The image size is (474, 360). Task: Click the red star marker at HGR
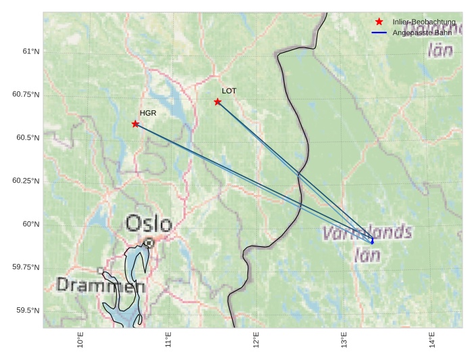tap(136, 124)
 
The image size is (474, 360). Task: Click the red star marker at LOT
tap(218, 102)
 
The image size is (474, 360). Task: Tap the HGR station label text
tap(148, 113)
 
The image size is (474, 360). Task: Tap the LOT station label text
tap(229, 91)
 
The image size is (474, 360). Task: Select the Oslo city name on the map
tap(149, 223)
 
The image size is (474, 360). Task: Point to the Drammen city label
tap(100, 286)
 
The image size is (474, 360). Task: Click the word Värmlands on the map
tap(367, 233)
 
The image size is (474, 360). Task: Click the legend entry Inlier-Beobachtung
tap(424, 22)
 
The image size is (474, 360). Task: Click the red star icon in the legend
tap(379, 22)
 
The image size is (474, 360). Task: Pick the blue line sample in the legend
tap(379, 32)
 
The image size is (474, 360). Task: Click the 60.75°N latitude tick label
tap(26, 95)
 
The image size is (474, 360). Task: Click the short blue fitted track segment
tap(371, 240)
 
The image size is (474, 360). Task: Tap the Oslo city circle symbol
tap(149, 242)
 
